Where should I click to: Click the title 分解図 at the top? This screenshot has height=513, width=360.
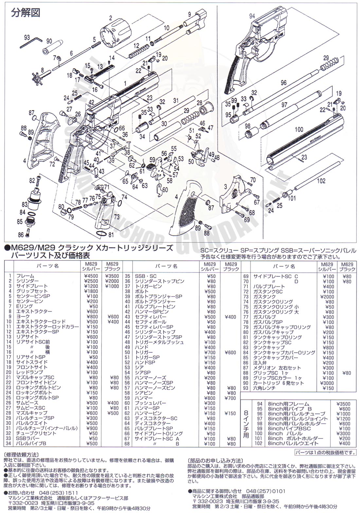(26, 13)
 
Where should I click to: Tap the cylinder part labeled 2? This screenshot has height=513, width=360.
(115, 34)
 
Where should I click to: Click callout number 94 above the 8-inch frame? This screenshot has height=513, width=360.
(252, 16)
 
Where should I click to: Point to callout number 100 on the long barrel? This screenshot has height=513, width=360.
(299, 130)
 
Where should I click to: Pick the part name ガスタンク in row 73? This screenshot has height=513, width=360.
(264, 297)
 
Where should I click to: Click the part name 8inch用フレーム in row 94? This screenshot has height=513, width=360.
(288, 404)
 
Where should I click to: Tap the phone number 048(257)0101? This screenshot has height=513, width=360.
(266, 491)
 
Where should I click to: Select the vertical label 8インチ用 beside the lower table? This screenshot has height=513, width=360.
(246, 424)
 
